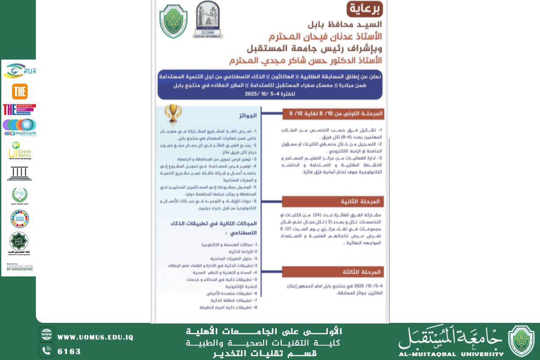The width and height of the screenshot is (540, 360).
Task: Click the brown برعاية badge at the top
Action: (x=364, y=8)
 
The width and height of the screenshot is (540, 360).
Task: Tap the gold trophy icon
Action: (x=173, y=113)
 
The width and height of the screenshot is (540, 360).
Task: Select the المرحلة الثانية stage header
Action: (x=333, y=201)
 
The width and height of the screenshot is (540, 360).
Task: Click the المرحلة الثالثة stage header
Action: (x=333, y=272)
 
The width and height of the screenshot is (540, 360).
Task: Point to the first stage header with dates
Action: (x=333, y=114)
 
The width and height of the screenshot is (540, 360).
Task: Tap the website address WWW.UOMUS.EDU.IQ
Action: (x=95, y=337)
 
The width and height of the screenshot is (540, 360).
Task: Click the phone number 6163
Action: (x=69, y=351)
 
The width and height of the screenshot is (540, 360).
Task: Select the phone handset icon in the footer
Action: (x=46, y=350)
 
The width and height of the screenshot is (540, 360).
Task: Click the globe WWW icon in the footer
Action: (x=46, y=334)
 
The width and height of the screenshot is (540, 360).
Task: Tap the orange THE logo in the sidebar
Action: (x=20, y=91)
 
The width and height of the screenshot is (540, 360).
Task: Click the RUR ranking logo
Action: (x=19, y=71)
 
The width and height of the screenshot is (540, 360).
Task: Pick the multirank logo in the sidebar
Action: (x=19, y=127)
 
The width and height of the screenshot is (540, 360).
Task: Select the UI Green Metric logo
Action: (x=19, y=151)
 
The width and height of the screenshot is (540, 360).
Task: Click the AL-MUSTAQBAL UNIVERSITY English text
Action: (x=451, y=354)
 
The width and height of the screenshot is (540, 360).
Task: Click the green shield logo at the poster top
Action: (x=173, y=22)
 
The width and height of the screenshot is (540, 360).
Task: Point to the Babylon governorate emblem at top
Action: (x=208, y=19)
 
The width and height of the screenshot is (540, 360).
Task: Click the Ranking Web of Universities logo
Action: (x=19, y=267)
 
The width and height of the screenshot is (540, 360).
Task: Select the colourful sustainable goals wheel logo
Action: (x=19, y=219)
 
